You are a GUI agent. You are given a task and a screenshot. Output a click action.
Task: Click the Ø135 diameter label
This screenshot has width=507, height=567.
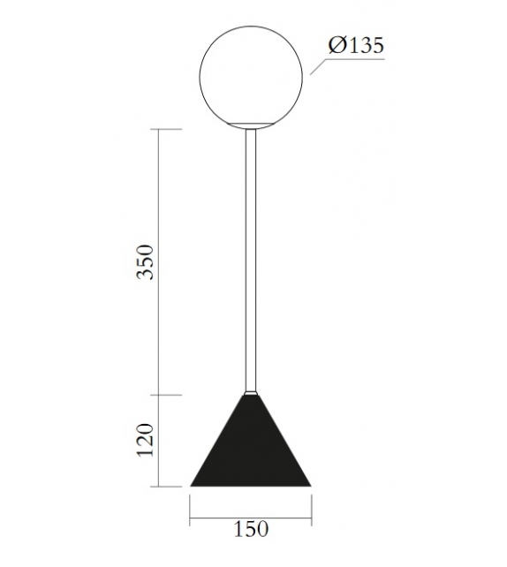click(x=356, y=46)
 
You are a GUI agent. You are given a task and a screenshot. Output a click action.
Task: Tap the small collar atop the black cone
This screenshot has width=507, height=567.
click(x=253, y=390)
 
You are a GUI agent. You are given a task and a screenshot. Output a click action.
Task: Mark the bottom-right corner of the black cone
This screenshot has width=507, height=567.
click(x=313, y=485)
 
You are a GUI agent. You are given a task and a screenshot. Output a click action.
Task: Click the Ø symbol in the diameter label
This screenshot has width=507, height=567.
click(x=336, y=46)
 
